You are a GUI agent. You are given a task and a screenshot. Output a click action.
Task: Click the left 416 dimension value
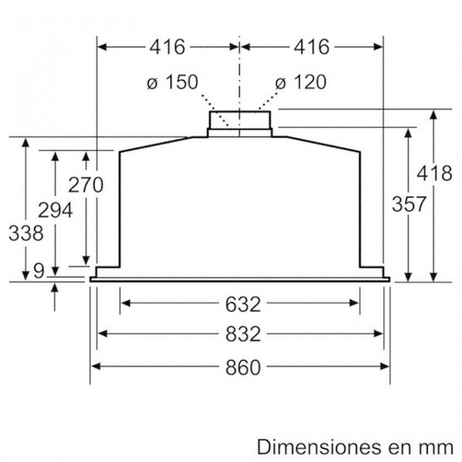click(167, 47)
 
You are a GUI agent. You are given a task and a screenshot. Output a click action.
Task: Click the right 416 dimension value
click(311, 47)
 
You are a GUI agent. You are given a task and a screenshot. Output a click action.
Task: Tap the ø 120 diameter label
click(300, 83)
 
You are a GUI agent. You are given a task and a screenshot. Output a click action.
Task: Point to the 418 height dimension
click(434, 173)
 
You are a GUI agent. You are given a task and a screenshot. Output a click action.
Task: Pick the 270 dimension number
click(85, 185)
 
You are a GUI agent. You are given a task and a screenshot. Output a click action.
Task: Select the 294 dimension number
click(55, 210)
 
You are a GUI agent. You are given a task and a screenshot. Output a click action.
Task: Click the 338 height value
click(26, 234)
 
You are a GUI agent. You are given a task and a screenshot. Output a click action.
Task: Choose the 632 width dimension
click(240, 303)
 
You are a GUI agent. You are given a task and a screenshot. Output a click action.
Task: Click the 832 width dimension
click(240, 334)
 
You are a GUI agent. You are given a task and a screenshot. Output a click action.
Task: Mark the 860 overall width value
click(240, 367)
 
